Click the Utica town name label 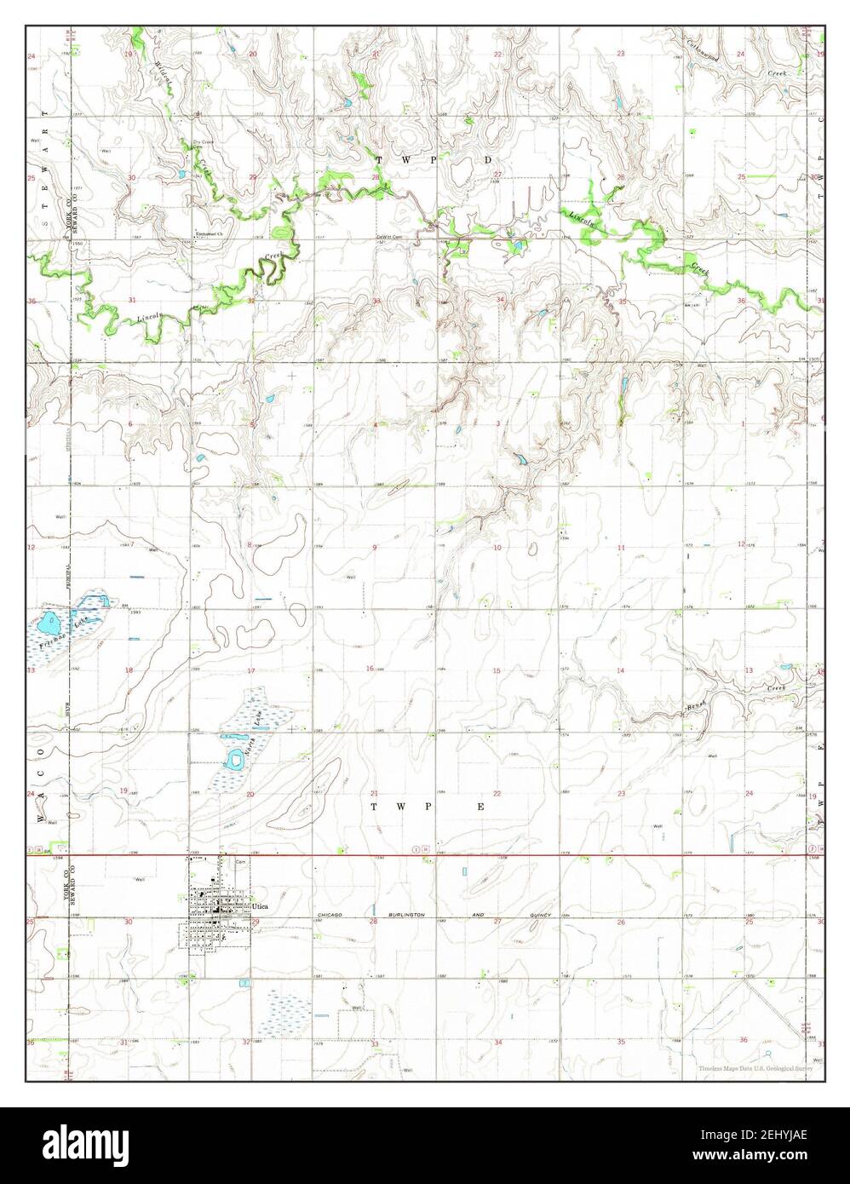point(261,907)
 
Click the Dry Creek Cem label point(202,143)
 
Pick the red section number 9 point(375,547)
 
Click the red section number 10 point(497,547)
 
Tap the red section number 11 point(621,547)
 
